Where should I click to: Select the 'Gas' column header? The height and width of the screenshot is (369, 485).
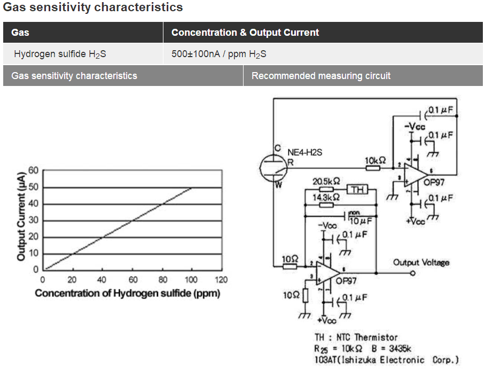20,33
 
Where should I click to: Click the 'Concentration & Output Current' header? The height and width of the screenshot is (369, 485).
245,33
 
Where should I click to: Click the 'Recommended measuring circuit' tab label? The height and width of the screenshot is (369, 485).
320,76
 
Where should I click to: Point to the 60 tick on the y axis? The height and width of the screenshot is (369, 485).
34,170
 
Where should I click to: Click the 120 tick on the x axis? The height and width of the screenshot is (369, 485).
221,280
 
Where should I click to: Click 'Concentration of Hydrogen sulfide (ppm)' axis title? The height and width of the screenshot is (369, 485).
127,293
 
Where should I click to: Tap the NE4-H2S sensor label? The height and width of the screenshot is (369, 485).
304,152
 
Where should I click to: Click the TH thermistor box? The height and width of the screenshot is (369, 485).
357,189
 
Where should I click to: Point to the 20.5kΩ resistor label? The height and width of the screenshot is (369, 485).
326,181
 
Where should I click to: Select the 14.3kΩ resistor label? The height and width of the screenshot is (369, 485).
325,198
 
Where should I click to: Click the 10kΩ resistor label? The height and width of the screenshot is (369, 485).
374,160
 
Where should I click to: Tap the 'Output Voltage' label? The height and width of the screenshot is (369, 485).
421,262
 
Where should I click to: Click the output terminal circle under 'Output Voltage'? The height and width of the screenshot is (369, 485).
412,273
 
